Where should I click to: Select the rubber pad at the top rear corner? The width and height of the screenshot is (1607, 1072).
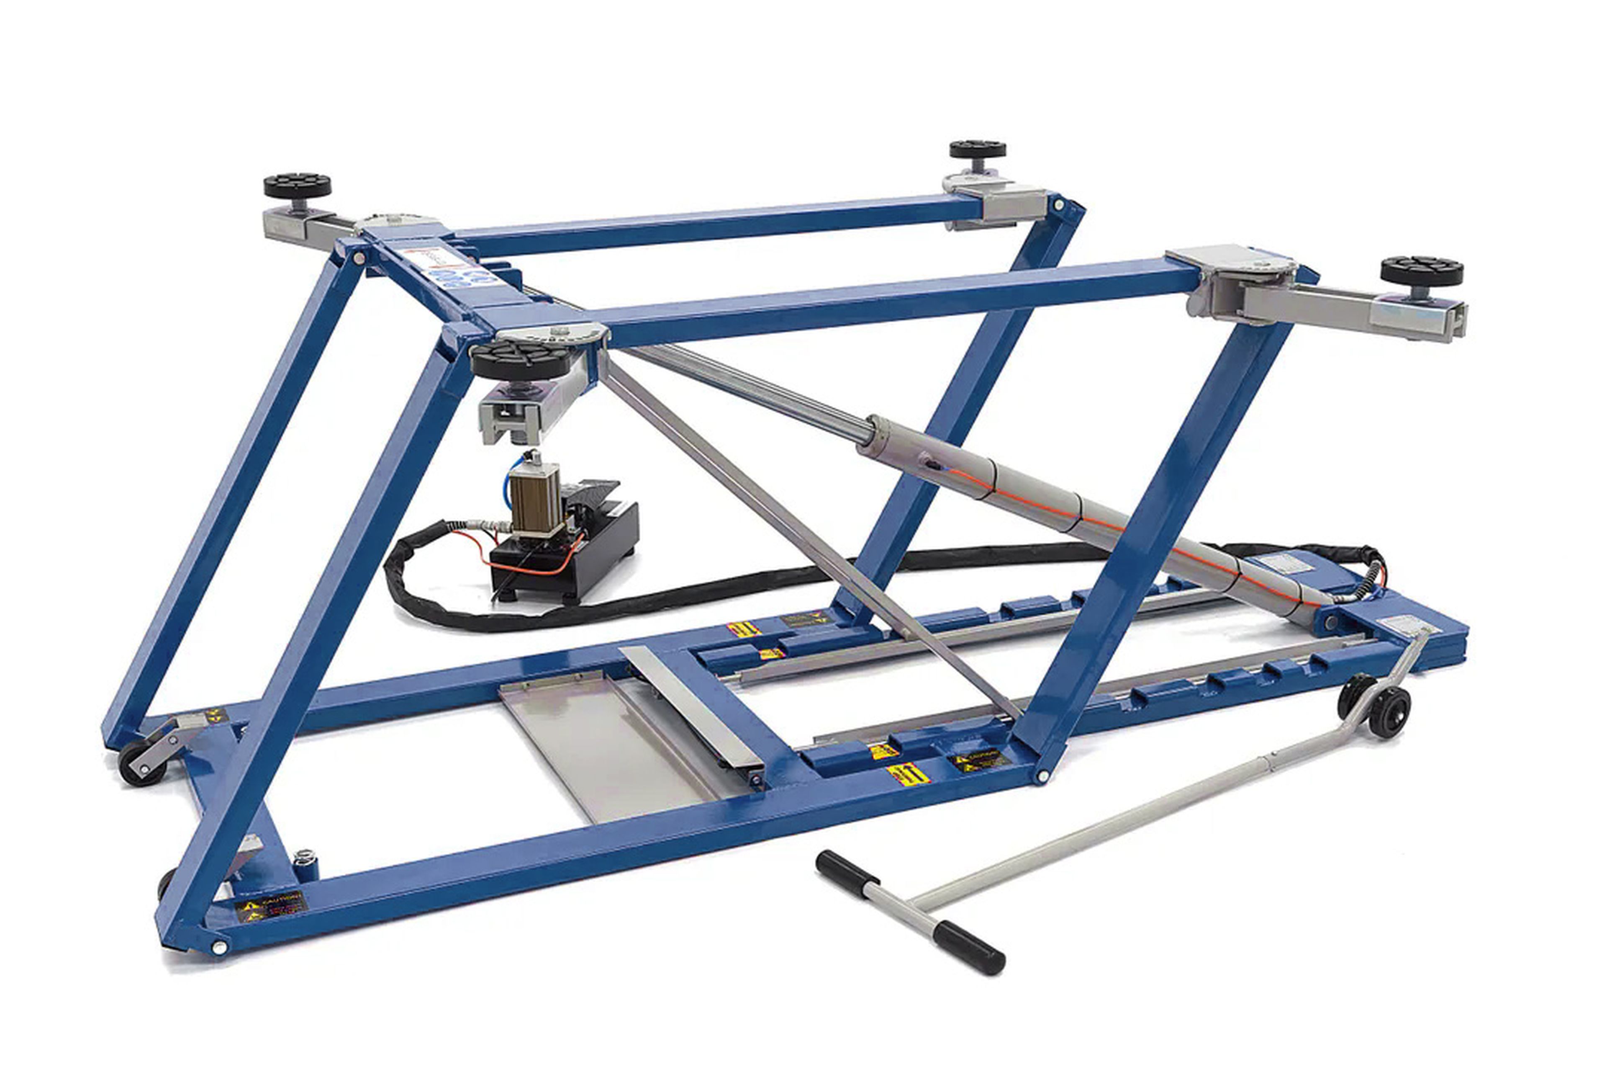click(x=977, y=149)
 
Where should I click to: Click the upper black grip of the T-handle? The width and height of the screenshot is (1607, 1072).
click(x=847, y=870)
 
